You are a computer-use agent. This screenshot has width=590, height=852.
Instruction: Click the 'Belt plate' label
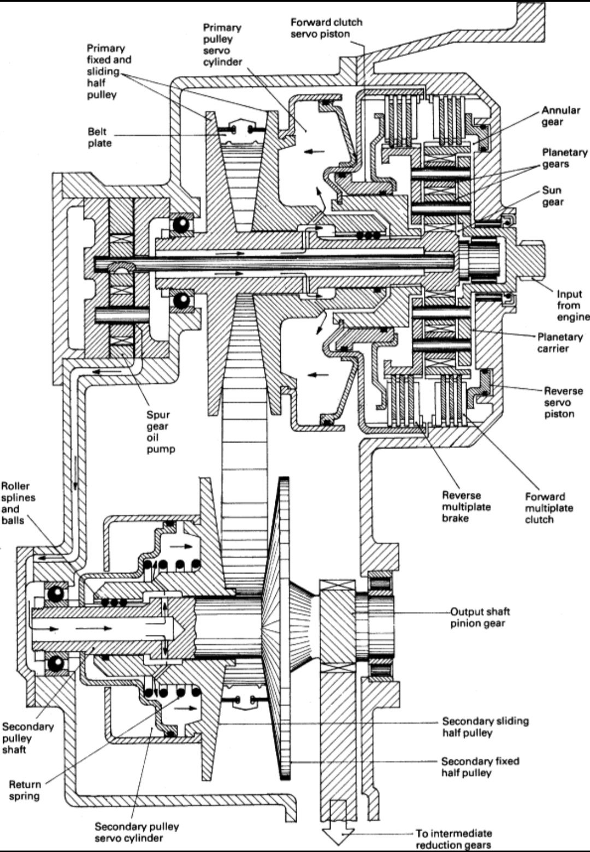100,138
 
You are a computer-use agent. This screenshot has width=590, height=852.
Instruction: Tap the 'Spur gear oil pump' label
161,432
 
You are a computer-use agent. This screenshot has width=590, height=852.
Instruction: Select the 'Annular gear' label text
560,116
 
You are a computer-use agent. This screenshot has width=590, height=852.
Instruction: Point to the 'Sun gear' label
553,196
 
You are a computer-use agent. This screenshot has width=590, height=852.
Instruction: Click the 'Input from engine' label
573,306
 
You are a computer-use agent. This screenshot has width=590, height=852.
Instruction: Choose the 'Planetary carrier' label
559,343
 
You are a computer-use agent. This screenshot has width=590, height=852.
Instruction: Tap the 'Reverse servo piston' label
563,402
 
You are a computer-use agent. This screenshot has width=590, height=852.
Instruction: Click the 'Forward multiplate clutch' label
548,508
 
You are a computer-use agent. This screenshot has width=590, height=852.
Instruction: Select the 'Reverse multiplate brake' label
466,507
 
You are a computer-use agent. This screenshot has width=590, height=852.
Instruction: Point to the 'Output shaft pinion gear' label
480,617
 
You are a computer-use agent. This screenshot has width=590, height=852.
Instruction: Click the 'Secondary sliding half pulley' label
485,726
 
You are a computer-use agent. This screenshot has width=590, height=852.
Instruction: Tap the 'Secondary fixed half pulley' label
480,767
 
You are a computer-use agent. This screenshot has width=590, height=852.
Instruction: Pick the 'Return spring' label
25,790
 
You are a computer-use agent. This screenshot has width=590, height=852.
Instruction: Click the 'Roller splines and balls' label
18,503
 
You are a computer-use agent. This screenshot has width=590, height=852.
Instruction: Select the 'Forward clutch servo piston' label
326,28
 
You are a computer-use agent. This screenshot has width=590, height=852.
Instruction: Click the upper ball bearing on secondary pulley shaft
55,594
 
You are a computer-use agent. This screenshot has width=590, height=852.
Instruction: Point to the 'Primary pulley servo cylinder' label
222,45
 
